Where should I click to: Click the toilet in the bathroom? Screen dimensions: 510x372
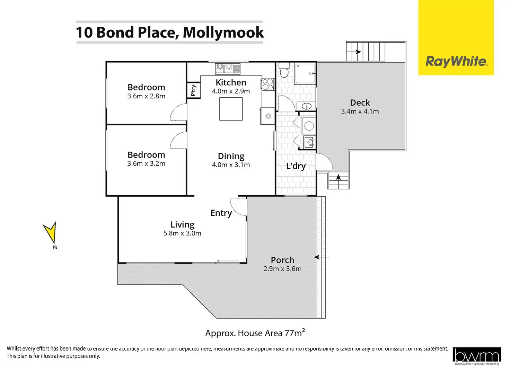tap(284, 71)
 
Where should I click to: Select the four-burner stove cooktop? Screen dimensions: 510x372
tap(268, 84)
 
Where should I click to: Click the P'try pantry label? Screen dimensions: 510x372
tap(193, 90)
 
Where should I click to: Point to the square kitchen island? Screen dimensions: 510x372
tap(231, 109)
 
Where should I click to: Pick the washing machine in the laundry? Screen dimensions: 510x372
tap(309, 126)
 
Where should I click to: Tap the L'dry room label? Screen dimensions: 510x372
tap(296, 166)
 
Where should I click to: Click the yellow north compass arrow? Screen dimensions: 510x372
tap(51, 232)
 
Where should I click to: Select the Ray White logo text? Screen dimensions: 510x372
tap(456, 62)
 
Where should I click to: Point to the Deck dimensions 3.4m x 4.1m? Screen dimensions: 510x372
tap(360, 112)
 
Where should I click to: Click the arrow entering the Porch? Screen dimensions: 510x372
tap(321, 257)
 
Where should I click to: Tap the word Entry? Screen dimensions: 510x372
tap(221, 213)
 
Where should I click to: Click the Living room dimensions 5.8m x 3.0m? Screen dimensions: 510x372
tap(182, 233)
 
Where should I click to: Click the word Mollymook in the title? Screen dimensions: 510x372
tap(223, 33)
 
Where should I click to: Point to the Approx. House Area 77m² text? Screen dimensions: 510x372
tap(255, 333)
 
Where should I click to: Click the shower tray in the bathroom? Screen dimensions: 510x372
tap(305, 73)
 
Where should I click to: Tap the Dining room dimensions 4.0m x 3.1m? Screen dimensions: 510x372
tap(231, 165)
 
